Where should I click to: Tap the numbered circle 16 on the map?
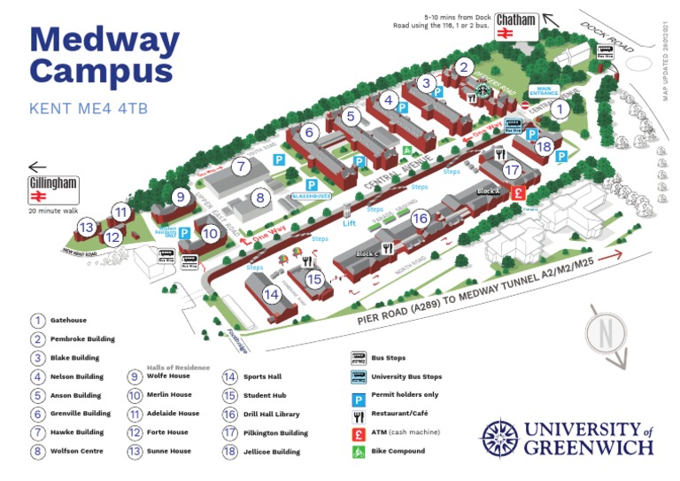coord(421,218)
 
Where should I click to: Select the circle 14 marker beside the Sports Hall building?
coord(271,294)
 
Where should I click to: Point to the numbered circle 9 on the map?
coord(179,197)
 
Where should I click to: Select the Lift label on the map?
coord(349,223)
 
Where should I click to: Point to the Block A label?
coord(488,191)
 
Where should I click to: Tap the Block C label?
coord(367,254)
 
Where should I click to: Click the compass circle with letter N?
coord(607,335)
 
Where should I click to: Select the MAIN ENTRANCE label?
coord(545,90)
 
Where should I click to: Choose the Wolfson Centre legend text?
coord(77,451)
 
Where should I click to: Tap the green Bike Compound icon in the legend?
coord(358,451)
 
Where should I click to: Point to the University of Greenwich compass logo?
coord(499,438)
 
